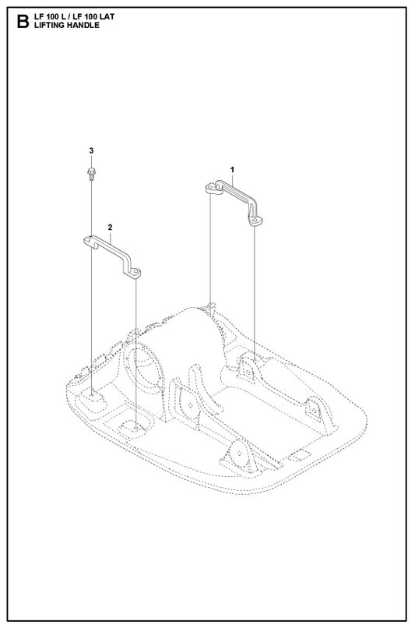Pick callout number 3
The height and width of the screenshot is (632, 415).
click(x=91, y=150)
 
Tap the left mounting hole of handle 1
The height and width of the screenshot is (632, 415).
click(x=211, y=188)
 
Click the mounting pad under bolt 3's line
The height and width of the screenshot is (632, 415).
click(x=93, y=397)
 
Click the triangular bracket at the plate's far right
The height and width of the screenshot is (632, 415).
click(x=315, y=409)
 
